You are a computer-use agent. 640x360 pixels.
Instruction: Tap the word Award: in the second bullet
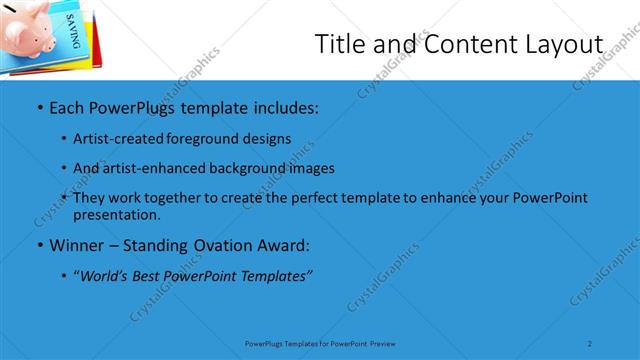pyautogui.click(x=283, y=245)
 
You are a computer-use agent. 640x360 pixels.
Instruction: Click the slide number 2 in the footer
pyautogui.click(x=590, y=343)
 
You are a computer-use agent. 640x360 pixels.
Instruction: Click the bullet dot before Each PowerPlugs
pyautogui.click(x=38, y=106)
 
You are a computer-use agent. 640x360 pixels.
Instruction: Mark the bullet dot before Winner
pyautogui.click(x=38, y=246)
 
